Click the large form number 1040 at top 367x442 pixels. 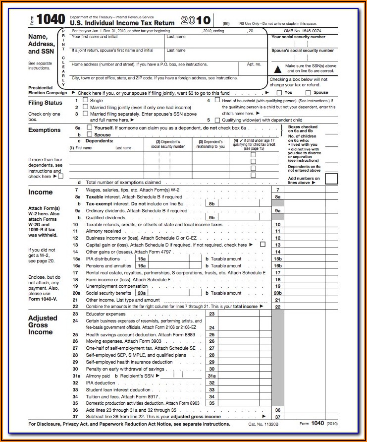click(51, 19)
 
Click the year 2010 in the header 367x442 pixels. click(196, 20)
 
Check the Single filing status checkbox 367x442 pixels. click(85, 100)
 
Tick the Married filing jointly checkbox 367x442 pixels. click(85, 107)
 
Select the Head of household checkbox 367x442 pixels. click(217, 100)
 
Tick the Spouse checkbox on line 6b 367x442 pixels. click(89, 134)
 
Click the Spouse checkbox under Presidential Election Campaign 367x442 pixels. click(308, 92)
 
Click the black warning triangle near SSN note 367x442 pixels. click(277, 68)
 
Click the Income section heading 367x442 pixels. click(40, 192)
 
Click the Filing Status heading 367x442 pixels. click(46, 103)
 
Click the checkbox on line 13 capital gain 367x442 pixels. click(262, 244)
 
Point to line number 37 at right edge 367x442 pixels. click(277, 417)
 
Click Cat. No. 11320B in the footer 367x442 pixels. click(263, 424)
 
